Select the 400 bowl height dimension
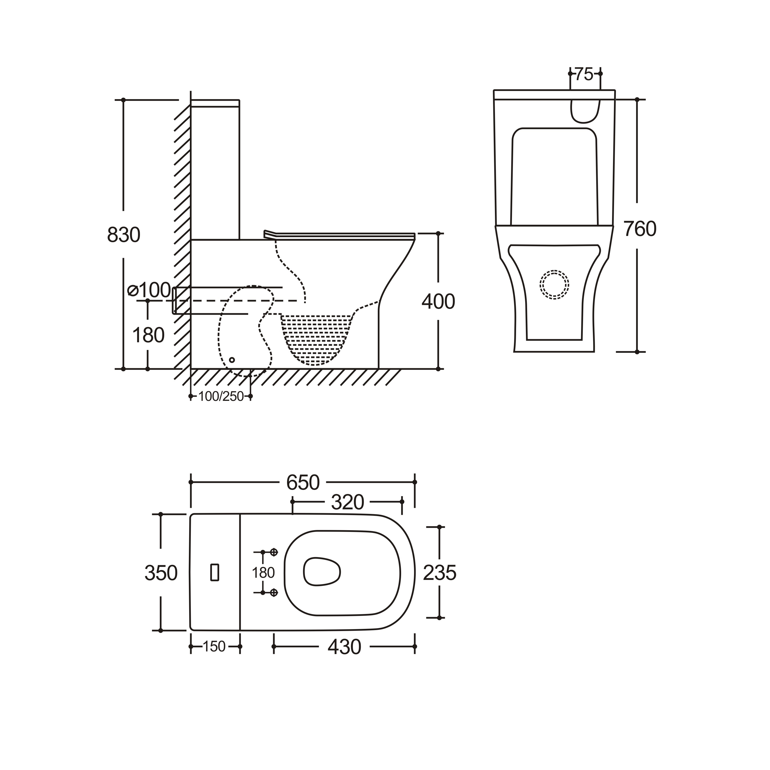(439, 302)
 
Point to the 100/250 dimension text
(221, 397)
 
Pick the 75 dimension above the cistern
(584, 74)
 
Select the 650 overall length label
(303, 483)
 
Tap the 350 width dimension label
(161, 573)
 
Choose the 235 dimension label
(439, 573)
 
